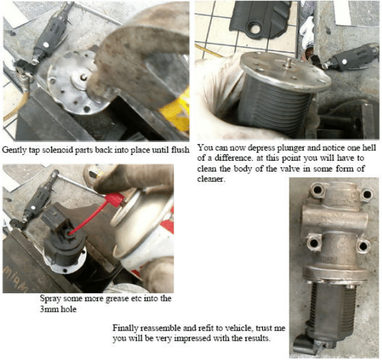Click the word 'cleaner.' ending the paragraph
(x=210, y=179)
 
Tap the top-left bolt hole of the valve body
(x=316, y=190)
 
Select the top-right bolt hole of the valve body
(x=366, y=194)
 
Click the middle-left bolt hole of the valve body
(x=313, y=242)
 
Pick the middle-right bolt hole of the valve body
(x=363, y=246)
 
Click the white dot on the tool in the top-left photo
(x=46, y=44)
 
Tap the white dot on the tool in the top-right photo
(x=344, y=62)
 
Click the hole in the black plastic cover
(x=255, y=29)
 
